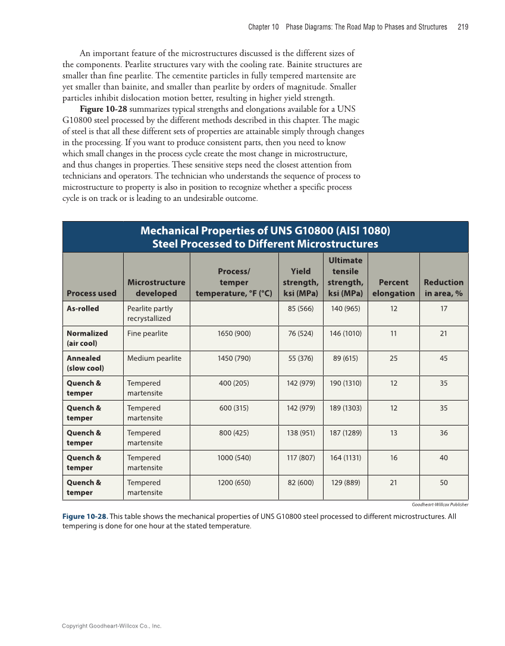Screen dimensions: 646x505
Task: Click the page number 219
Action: tap(463, 27)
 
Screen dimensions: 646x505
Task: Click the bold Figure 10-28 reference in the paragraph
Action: tap(103, 109)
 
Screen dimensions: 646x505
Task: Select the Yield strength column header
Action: tap(300, 282)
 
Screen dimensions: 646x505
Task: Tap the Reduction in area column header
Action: tap(443, 288)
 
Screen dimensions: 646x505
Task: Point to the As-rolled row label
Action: tap(83, 308)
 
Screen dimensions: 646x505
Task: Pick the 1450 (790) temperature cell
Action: tap(234, 358)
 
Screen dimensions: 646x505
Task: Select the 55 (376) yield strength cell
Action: tap(300, 358)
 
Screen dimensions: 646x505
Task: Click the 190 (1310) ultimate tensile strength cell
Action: tap(345, 383)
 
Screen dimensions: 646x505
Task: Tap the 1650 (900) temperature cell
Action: tap(234, 333)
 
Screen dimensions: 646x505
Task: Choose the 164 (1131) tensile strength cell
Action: tap(345, 458)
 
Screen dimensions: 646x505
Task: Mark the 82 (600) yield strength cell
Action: tap(300, 483)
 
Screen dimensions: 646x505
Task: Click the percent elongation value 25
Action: tap(393, 358)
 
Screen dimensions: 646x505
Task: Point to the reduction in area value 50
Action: tap(443, 483)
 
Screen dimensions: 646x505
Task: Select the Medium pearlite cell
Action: tap(154, 358)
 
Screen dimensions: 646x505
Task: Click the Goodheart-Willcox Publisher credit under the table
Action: tap(440, 505)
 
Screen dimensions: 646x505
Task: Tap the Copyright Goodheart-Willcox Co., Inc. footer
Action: tap(112, 626)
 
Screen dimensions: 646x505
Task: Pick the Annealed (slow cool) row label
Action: tap(84, 363)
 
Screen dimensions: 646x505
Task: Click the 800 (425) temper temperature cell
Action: tap(234, 433)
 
